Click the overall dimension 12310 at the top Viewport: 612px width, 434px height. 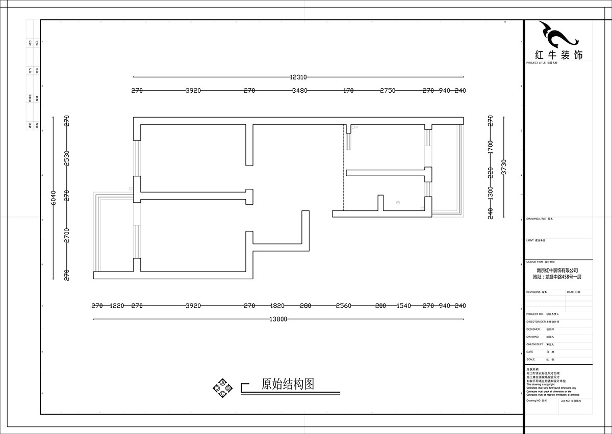pyautogui.click(x=298, y=77)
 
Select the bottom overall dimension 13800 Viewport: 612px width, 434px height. pyautogui.click(x=278, y=319)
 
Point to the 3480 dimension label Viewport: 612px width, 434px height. pyautogui.click(x=299, y=91)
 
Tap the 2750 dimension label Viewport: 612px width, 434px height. pyautogui.click(x=388, y=91)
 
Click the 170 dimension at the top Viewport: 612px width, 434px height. pyautogui.click(x=348, y=91)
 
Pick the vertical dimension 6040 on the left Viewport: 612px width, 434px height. pyautogui.click(x=54, y=198)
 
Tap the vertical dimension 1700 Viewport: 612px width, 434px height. pyautogui.click(x=491, y=147)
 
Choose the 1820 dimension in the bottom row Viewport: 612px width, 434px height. pyautogui.click(x=277, y=306)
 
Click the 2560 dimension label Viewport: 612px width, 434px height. pyautogui.click(x=343, y=306)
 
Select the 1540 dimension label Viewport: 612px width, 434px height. pyautogui.click(x=403, y=306)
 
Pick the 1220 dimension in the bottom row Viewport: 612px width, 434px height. pyautogui.click(x=117, y=306)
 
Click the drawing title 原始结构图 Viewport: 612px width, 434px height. pyautogui.click(x=287, y=384)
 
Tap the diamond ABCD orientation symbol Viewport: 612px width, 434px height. pyautogui.click(x=222, y=388)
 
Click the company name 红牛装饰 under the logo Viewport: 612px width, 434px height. pyautogui.click(x=557, y=55)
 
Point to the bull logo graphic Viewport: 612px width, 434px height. pyautogui.click(x=557, y=35)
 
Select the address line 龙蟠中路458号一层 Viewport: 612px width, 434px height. pyautogui.click(x=557, y=277)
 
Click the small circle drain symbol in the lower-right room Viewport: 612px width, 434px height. pyautogui.click(x=398, y=203)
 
